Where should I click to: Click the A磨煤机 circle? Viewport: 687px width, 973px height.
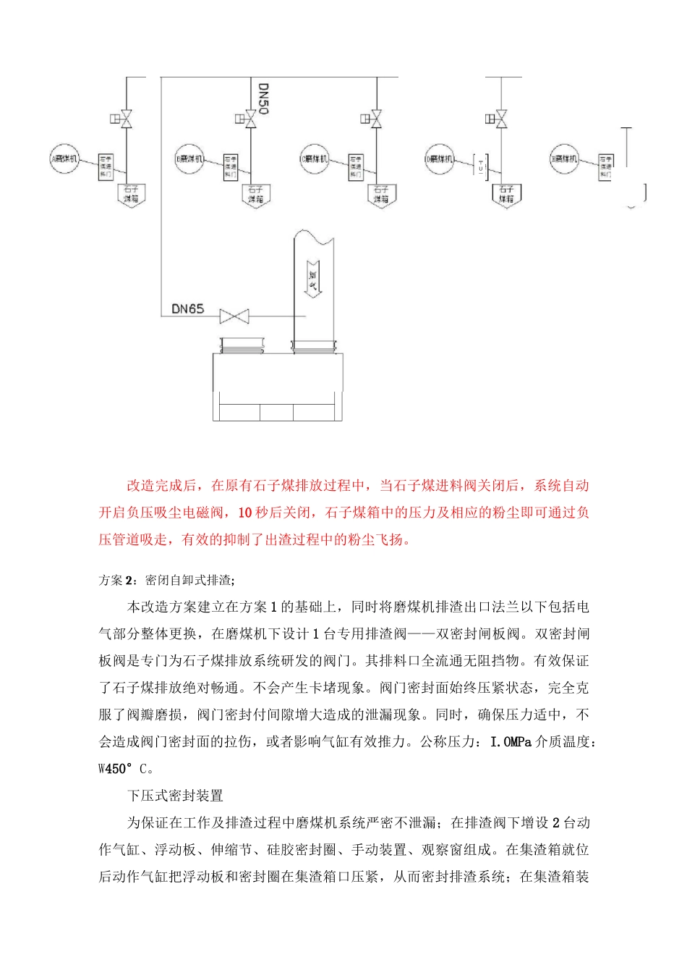click(x=64, y=159)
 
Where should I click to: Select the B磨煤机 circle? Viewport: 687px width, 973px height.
click(x=189, y=159)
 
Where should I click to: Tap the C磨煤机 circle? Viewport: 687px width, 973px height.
click(x=314, y=159)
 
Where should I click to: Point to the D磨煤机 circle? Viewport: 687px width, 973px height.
click(x=439, y=159)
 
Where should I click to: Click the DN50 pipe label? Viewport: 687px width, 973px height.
click(x=263, y=99)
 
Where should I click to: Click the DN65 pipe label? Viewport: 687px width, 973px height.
click(x=187, y=309)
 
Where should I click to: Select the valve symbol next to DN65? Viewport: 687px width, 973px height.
click(x=234, y=316)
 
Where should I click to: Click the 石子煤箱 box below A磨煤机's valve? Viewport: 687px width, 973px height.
click(x=132, y=195)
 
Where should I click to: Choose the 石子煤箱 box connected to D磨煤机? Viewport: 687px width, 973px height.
click(x=506, y=195)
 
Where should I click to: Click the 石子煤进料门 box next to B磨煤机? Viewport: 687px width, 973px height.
click(x=231, y=167)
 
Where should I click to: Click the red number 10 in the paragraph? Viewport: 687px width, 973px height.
click(x=244, y=513)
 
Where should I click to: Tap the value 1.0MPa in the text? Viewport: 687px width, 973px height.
click(x=511, y=742)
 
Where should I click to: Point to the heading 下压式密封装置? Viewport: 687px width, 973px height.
click(x=175, y=796)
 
